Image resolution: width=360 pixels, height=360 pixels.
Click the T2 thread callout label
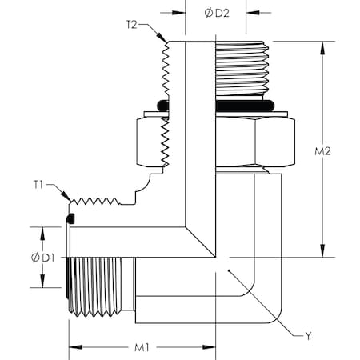coord(133,24)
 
